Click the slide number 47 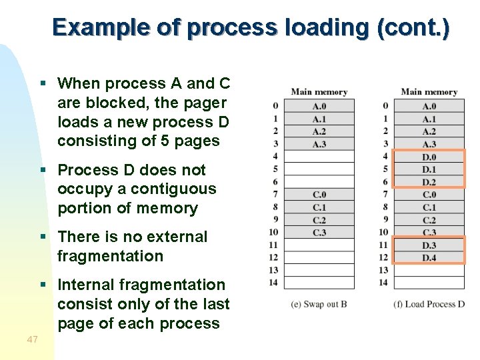pos(32,340)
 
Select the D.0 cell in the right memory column pos(429,157)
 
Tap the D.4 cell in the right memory pos(429,257)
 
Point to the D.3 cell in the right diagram pos(429,245)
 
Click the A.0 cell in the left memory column pos(319,106)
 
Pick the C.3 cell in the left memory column pos(319,233)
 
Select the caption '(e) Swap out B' pos(319,304)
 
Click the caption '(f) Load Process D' pos(429,304)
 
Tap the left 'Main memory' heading pos(319,92)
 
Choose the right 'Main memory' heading pos(429,92)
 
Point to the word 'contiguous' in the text pos(176,189)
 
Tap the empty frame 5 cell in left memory pos(319,169)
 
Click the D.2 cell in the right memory pos(429,182)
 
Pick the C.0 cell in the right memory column pos(429,195)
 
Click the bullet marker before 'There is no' pos(43,237)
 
